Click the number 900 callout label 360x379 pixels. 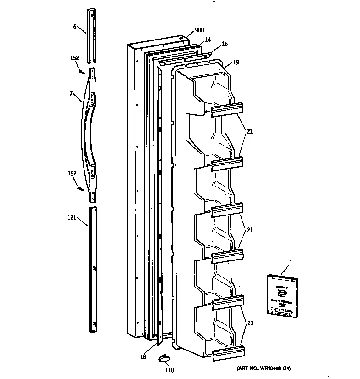199,30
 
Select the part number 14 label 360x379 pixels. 208,40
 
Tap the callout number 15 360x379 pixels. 225,45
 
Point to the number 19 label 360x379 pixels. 236,62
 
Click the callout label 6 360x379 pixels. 75,27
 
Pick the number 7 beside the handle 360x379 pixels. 71,93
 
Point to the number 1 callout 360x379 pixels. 290,262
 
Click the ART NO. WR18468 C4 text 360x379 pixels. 264,368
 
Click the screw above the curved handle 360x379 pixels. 81,71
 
